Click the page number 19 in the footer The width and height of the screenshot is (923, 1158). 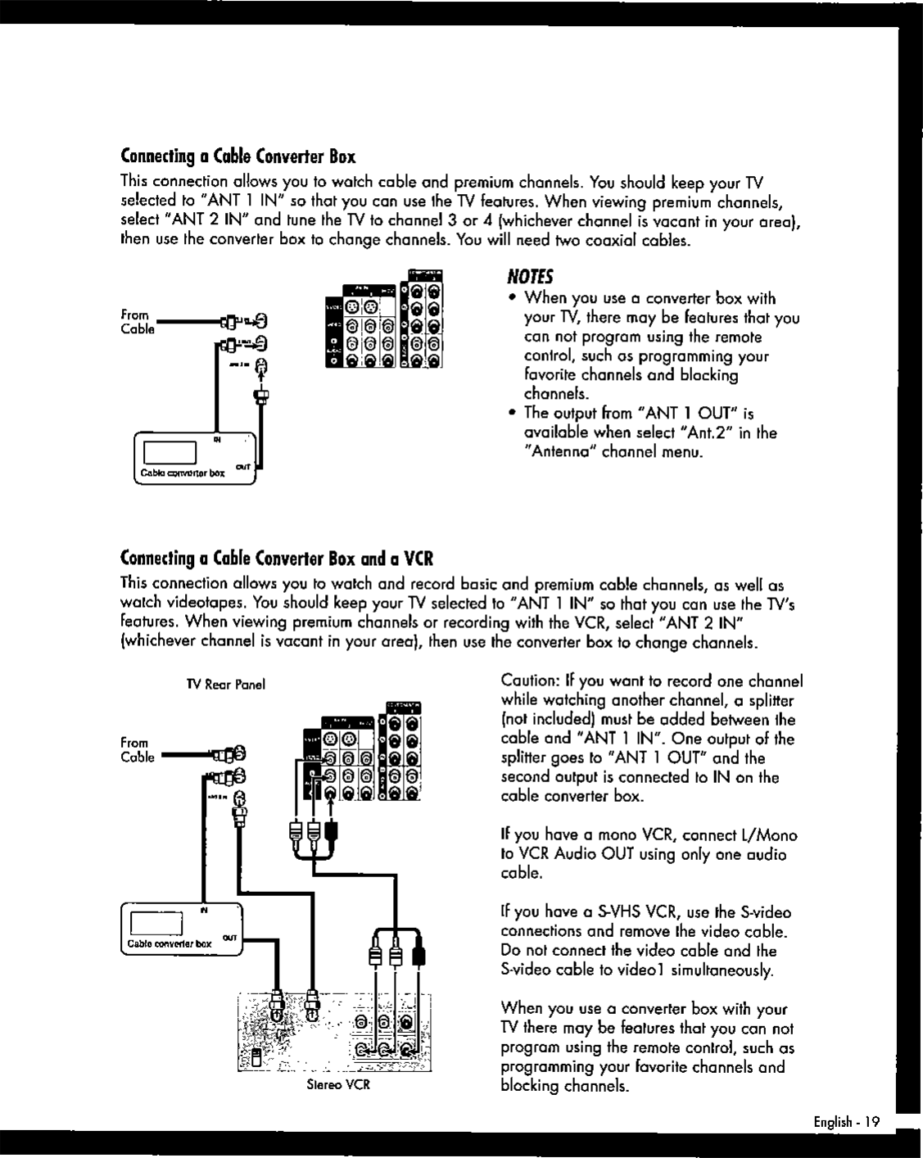tap(871, 1123)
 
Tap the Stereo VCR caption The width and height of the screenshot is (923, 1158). tap(338, 1084)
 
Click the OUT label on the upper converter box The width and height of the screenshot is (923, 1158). tap(243, 466)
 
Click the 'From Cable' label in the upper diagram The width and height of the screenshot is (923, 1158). tap(136, 321)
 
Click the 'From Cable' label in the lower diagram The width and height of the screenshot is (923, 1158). tap(137, 750)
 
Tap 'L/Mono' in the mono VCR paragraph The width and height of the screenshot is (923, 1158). tap(766, 835)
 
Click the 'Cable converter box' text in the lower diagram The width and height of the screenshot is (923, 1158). tap(169, 943)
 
